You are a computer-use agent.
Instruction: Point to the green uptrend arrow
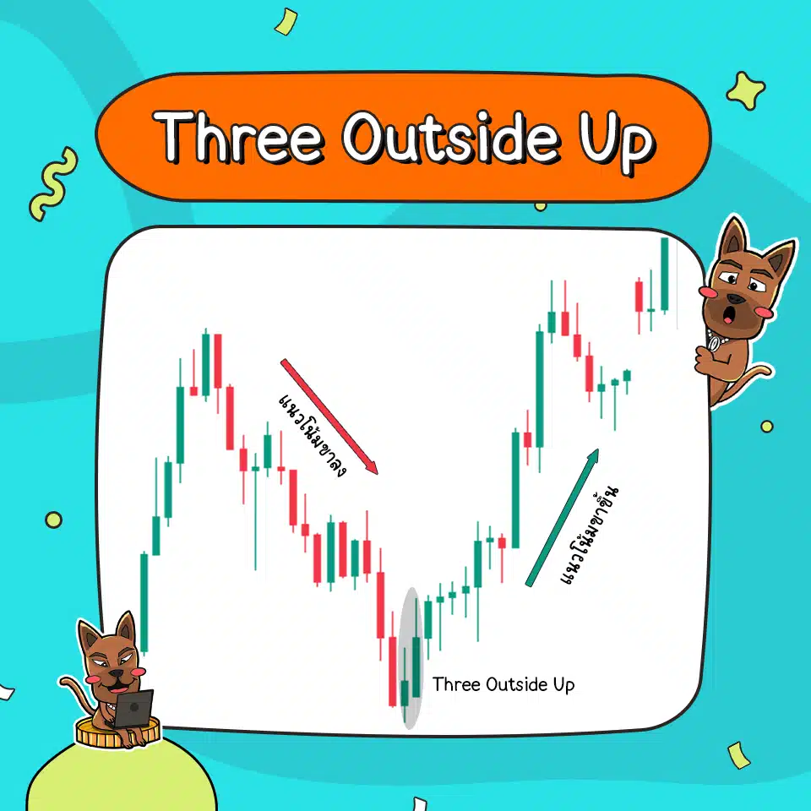563,517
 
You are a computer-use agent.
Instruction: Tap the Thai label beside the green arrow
590,535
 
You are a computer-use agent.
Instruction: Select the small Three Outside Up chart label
503,684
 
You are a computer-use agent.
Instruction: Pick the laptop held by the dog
133,708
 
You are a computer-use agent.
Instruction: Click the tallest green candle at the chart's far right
665,275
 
